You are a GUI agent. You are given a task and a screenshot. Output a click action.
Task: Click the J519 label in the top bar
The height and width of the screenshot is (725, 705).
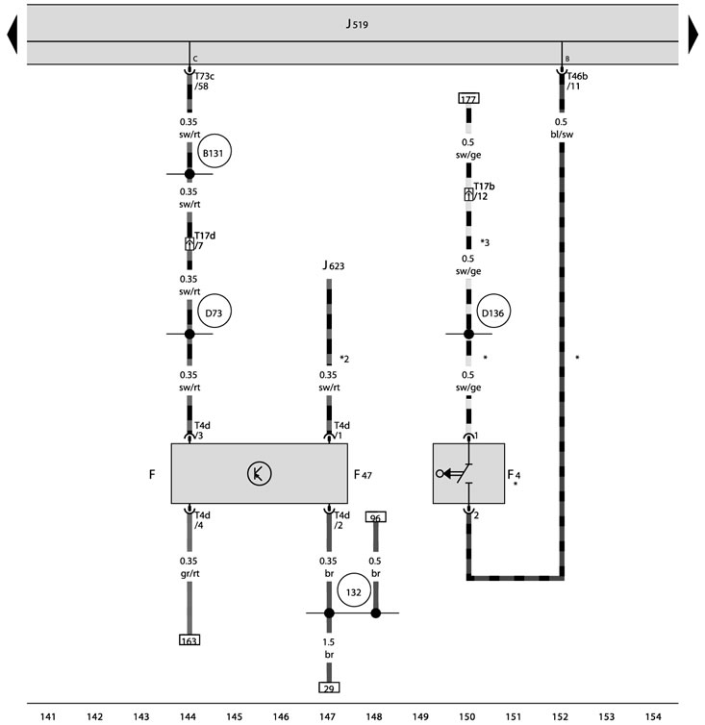coord(357,24)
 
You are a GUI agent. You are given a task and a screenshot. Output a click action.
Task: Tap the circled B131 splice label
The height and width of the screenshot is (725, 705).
coord(214,151)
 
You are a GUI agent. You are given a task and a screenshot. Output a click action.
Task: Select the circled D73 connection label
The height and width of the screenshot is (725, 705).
coord(214,312)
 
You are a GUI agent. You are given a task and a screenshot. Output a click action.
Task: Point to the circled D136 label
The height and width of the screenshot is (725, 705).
coord(493,312)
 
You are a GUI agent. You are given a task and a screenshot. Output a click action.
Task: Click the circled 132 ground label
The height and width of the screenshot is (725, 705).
coord(354,591)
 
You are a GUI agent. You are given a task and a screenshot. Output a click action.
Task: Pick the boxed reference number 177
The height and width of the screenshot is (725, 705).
coord(468,98)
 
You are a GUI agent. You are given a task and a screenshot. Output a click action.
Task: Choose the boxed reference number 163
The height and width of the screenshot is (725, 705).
coord(189,640)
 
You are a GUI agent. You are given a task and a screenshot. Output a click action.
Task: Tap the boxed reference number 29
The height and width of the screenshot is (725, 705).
coord(329,687)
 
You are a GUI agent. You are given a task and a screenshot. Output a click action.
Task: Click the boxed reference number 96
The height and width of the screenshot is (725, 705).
coord(376,517)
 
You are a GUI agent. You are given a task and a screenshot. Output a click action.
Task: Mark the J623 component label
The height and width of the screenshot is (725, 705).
coord(334,265)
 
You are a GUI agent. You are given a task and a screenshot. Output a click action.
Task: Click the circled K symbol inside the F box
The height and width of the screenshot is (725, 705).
coord(259,473)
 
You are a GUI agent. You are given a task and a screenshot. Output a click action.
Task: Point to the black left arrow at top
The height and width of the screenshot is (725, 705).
coord(13,35)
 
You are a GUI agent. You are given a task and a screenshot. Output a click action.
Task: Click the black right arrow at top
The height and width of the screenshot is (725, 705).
coord(693,35)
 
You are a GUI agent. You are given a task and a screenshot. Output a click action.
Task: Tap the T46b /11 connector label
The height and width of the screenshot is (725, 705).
coord(577,81)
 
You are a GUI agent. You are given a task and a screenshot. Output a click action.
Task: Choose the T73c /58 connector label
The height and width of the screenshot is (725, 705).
coord(204,81)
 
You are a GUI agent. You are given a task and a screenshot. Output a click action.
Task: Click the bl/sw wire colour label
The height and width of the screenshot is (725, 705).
coord(562,135)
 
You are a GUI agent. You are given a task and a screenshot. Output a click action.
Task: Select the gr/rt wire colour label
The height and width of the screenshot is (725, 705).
coord(189,573)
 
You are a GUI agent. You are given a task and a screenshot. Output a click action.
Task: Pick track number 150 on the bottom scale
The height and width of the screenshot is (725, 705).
coord(467,716)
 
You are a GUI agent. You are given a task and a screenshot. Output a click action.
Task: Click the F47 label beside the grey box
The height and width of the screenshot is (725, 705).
coord(363,474)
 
